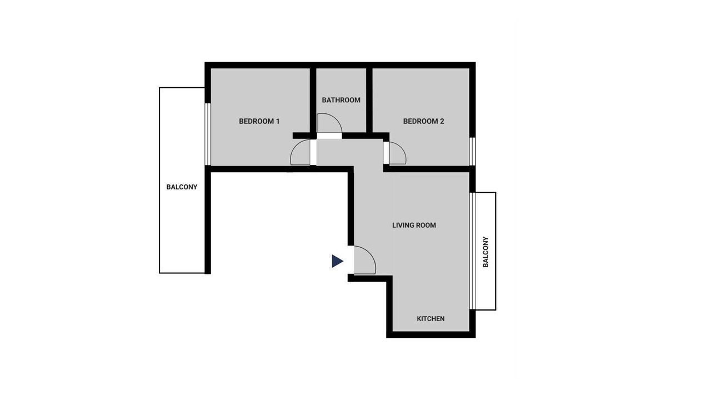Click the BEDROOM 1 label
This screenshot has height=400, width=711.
(259, 121)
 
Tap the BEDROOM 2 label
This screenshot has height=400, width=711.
(423, 121)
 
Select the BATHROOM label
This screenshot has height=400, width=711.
(341, 100)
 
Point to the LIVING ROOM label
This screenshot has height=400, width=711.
(414, 225)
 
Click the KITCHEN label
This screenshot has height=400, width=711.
(430, 318)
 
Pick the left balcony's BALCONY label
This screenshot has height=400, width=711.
(182, 187)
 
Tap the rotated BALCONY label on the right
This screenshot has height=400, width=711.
(485, 252)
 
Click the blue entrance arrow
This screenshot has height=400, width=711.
(337, 261)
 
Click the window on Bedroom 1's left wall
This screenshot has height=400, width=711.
(208, 134)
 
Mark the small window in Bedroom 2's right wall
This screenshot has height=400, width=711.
(472, 151)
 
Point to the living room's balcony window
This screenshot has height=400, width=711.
(473, 251)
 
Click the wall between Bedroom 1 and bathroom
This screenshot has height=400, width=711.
(313, 101)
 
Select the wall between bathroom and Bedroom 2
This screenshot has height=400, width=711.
(369, 101)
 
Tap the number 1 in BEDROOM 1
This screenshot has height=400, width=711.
(278, 121)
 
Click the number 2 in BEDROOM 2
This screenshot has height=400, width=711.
(442, 121)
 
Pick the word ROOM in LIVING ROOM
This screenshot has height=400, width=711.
(425, 225)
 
